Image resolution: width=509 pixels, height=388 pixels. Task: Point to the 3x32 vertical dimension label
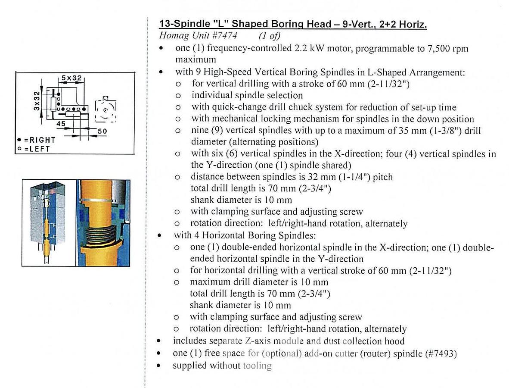click(x=37, y=100)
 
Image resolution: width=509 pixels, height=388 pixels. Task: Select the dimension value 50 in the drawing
click(x=102, y=131)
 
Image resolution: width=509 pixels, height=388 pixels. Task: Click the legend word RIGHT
click(x=42, y=140)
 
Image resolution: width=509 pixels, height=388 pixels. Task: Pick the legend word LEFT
click(x=39, y=149)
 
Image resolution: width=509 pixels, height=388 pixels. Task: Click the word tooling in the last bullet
click(x=257, y=366)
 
